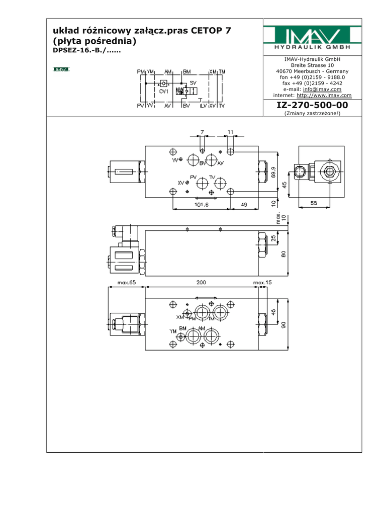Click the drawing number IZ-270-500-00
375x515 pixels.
click(x=312, y=105)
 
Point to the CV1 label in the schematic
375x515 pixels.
click(x=164, y=92)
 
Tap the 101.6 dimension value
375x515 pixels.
click(x=201, y=205)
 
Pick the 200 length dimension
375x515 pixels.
click(x=201, y=283)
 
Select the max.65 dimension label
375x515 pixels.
click(x=127, y=283)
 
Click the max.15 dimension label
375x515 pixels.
click(x=262, y=283)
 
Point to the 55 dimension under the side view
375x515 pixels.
click(x=313, y=203)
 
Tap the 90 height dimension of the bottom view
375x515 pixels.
click(x=284, y=324)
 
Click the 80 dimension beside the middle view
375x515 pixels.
click(x=284, y=254)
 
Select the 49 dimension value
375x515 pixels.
click(x=244, y=205)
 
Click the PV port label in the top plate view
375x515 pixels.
click(x=194, y=177)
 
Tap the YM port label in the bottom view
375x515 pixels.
click(x=173, y=331)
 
